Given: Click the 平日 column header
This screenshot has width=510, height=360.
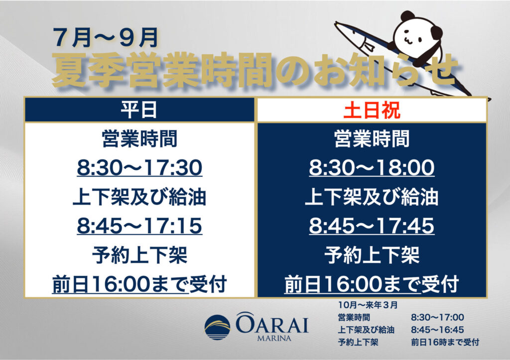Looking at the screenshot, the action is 139,110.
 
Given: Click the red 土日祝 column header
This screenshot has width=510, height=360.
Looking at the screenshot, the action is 372,110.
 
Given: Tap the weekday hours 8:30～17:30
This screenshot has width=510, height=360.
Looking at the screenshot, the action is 139,168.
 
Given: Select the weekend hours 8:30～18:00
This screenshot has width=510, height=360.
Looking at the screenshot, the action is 372,168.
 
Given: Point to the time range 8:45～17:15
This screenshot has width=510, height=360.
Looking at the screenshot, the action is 139,226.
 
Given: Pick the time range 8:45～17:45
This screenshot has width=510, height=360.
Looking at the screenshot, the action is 372,226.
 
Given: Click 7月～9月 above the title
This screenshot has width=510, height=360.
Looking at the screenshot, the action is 106,37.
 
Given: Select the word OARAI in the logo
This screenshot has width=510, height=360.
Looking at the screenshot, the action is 272,323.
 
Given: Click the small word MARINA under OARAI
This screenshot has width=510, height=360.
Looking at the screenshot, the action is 274,339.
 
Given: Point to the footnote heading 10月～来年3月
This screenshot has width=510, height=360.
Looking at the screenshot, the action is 368,305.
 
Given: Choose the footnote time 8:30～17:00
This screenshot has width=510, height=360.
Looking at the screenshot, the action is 437,317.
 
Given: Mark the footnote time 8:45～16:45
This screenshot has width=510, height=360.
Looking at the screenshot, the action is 437,330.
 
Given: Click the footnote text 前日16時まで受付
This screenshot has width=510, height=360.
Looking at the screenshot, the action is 445,342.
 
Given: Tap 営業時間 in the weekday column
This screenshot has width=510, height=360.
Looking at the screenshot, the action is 139,139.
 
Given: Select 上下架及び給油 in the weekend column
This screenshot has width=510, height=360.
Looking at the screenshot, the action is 372,197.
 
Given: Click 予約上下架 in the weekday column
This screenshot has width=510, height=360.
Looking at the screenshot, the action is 139,255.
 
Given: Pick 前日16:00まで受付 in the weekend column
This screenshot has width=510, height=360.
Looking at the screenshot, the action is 372,284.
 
